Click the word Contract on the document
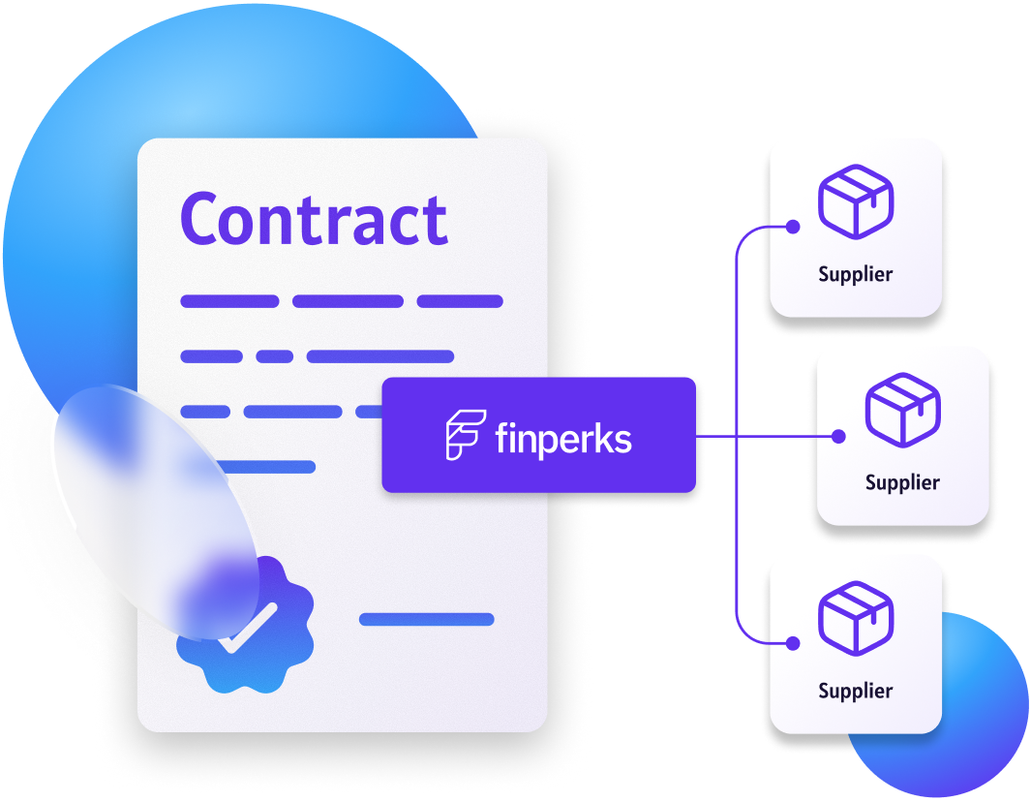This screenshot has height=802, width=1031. tap(314, 220)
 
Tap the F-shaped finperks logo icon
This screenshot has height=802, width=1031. tap(464, 435)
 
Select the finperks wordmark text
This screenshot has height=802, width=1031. tap(562, 439)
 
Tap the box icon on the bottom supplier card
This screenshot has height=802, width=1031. tap(855, 617)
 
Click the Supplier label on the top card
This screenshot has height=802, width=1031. tap(855, 274)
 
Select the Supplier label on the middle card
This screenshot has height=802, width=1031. tap(902, 482)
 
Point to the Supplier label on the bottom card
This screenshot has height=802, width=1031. tap(855, 691)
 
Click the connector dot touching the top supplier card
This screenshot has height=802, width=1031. tap(793, 228)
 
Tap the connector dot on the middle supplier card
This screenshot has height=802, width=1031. tap(839, 437)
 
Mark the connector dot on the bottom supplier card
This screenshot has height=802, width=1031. tap(793, 642)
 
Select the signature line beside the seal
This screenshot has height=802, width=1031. tap(426, 620)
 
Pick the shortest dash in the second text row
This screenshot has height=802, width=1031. tap(275, 356)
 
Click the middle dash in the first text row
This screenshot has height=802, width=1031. tap(348, 301)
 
